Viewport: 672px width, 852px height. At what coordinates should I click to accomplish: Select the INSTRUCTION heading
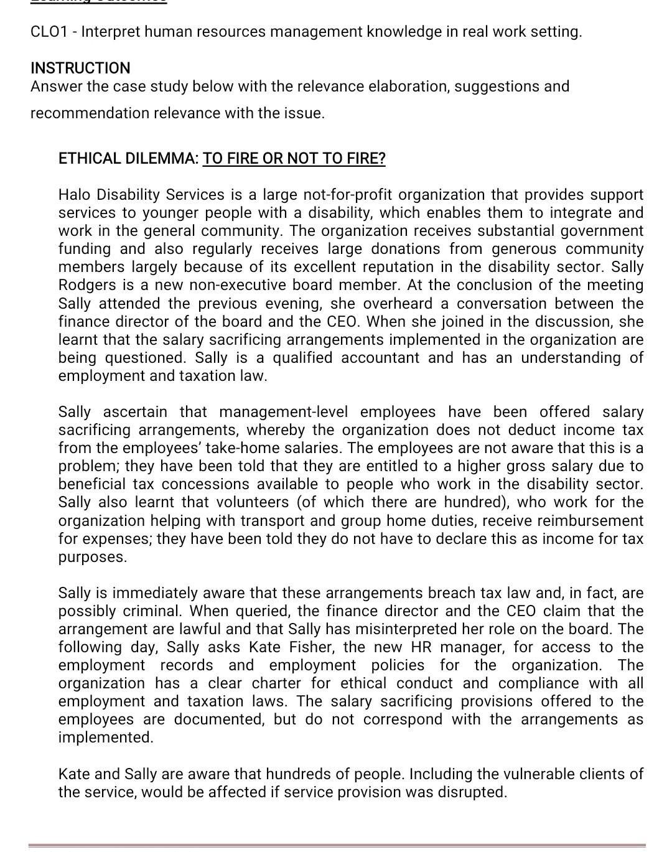[x=80, y=68]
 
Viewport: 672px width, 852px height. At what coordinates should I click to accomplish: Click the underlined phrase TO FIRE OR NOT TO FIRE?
[x=294, y=158]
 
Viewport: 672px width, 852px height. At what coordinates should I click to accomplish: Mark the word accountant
[x=380, y=358]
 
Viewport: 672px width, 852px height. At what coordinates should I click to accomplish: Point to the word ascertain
[x=135, y=412]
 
